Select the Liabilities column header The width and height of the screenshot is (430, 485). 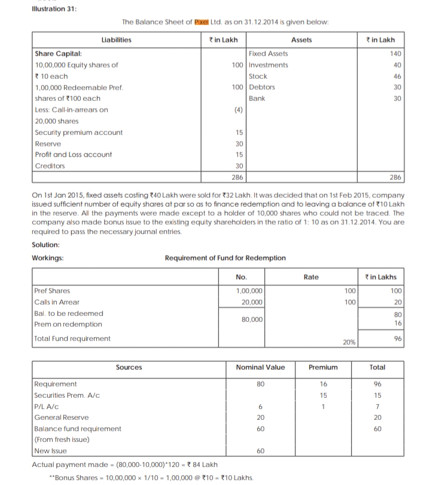pyautogui.click(x=116, y=40)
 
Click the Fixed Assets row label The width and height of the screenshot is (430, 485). pyautogui.click(x=268, y=54)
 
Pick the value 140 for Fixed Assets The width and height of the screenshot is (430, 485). pyautogui.click(x=395, y=54)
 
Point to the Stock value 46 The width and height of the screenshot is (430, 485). pyautogui.click(x=397, y=76)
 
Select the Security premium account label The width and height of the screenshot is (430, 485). pyautogui.click(x=78, y=132)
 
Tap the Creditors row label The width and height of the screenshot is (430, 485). pyautogui.click(x=49, y=165)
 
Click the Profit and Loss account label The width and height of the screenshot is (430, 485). pyautogui.click(x=73, y=155)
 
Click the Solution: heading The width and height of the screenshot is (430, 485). pyautogui.click(x=45, y=245)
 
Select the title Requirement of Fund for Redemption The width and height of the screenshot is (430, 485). pyautogui.click(x=225, y=258)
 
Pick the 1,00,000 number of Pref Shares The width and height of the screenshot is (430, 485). pyautogui.click(x=249, y=291)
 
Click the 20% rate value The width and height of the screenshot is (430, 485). pyautogui.click(x=348, y=343)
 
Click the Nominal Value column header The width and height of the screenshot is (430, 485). pyautogui.click(x=261, y=367)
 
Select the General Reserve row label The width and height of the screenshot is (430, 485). pyautogui.click(x=62, y=418)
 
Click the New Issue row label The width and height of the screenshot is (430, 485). pyautogui.click(x=50, y=451)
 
